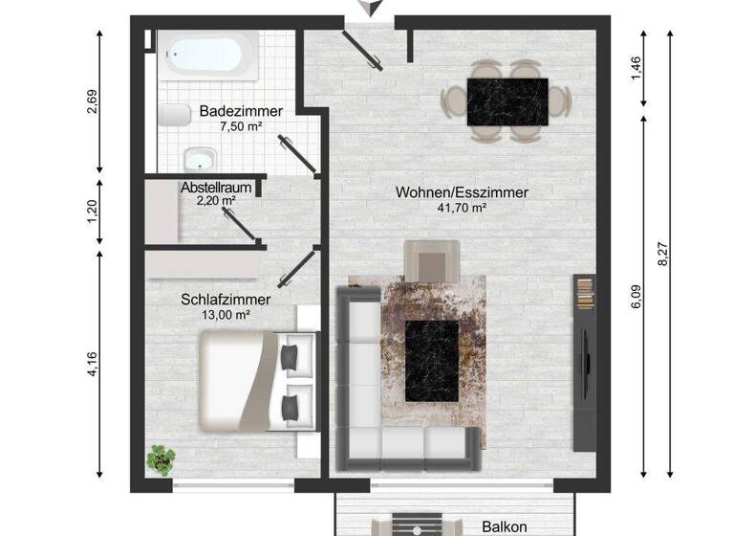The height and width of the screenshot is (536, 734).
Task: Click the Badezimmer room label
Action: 241,111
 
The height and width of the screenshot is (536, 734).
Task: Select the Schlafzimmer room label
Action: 225,300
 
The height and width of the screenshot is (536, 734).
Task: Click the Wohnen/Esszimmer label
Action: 462,192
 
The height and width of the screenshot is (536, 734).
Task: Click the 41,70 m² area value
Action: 462,208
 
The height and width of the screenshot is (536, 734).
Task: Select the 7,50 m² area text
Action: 241,126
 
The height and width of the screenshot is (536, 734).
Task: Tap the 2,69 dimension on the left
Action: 93,101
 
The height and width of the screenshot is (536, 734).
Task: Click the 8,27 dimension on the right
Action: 662,253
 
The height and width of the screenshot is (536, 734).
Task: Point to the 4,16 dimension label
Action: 93,365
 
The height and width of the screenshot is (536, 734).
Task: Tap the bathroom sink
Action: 199,159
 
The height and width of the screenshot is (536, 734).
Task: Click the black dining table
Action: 507,101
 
